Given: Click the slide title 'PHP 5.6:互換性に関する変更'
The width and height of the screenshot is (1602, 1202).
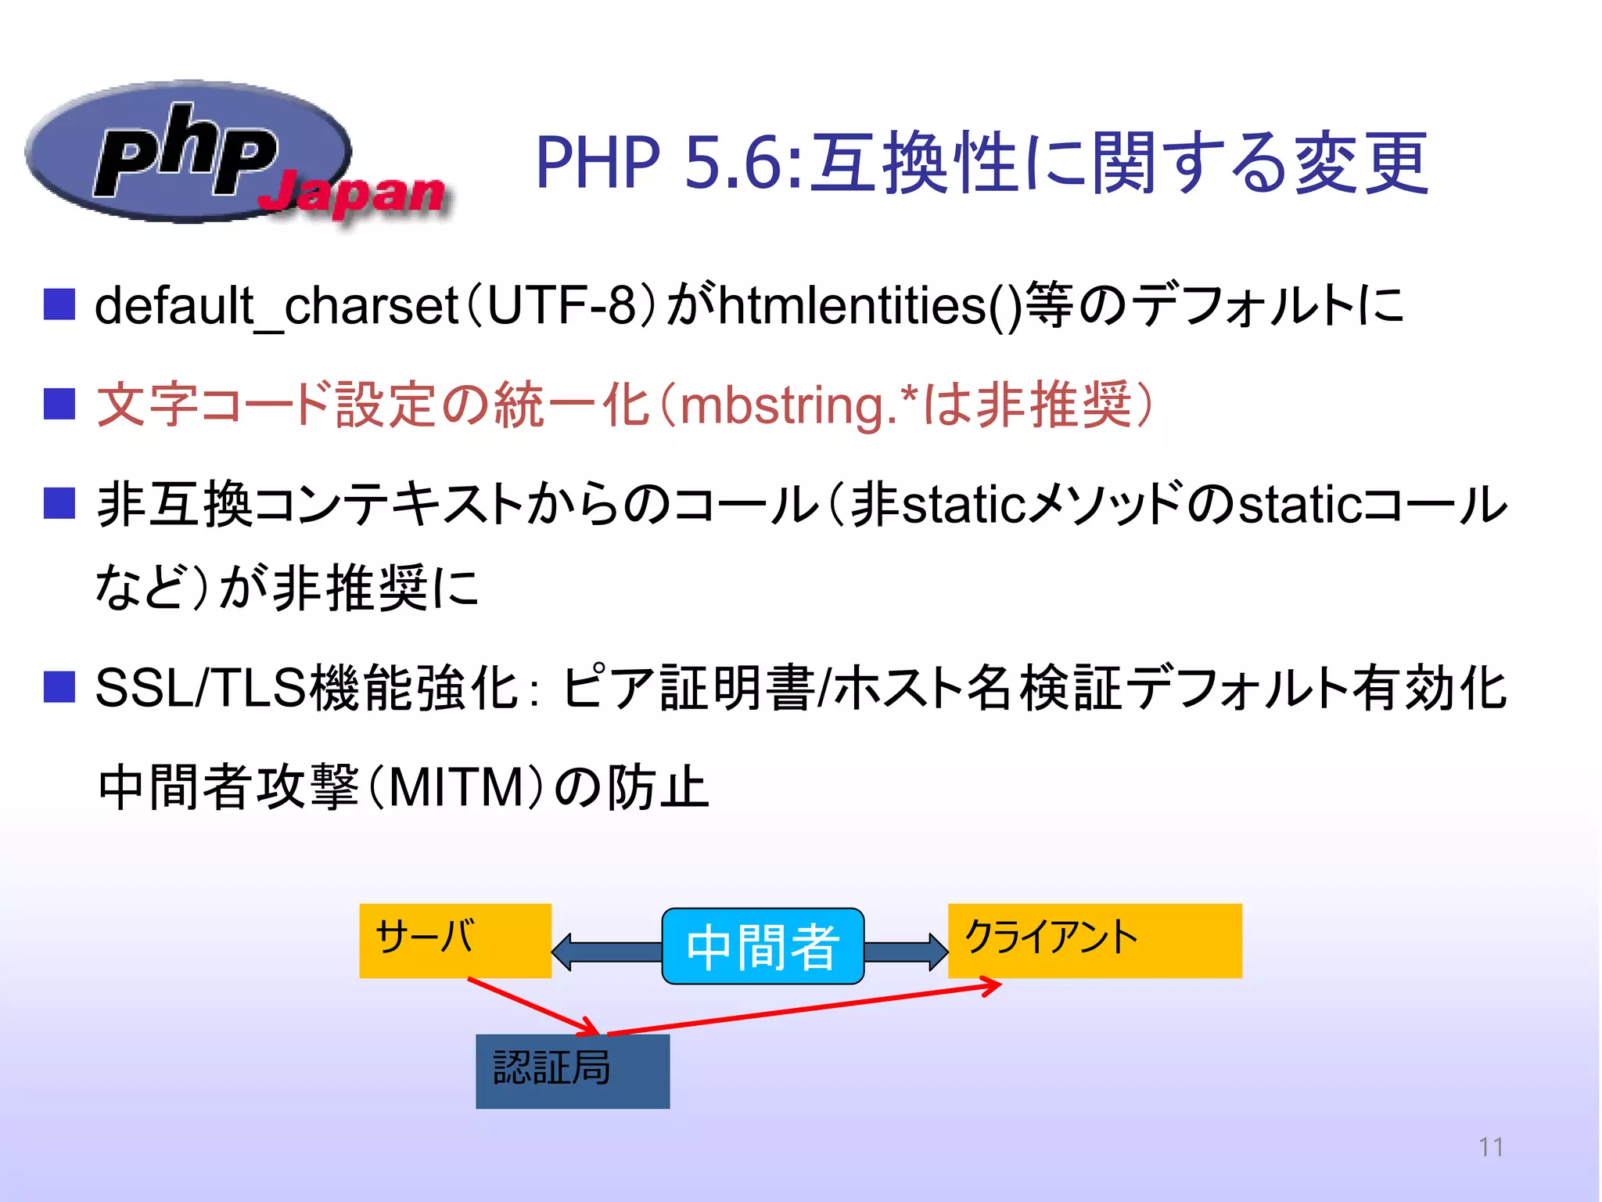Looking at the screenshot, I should pos(982,163).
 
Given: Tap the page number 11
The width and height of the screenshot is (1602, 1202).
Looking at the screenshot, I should pos(1490,1146).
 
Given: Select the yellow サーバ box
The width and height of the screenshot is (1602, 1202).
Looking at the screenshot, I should pos(454,940).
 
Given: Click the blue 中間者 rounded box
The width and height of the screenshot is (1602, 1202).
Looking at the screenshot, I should pos(762,945).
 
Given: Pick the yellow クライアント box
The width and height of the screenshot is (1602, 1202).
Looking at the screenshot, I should pos(1094,940).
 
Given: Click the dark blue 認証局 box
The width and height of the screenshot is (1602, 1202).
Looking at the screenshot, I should pos(572,1071).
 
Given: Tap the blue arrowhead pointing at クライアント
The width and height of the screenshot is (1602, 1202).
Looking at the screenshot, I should pos(936,952).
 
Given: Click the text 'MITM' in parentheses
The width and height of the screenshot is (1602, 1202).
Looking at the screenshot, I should pos(456,787).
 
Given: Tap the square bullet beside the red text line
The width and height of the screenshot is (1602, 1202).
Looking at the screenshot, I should pos(59,405).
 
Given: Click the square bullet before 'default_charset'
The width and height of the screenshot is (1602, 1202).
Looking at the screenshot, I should pos(59,304).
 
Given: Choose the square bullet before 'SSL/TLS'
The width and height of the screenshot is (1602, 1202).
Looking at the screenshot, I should pos(59,687).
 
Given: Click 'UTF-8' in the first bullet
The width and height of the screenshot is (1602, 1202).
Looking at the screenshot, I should pos(560,305).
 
